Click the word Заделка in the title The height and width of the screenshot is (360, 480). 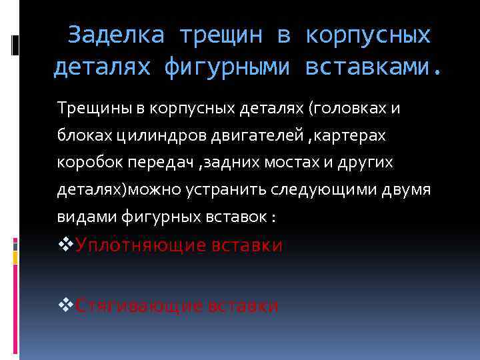pos(115,35)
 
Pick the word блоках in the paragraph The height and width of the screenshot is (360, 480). pos(77,135)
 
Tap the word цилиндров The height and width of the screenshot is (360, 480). pos(139,135)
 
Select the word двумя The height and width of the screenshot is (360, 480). pos(407,190)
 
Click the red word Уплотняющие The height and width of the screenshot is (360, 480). pos(141,246)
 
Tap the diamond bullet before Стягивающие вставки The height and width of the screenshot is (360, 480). pos(65,305)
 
